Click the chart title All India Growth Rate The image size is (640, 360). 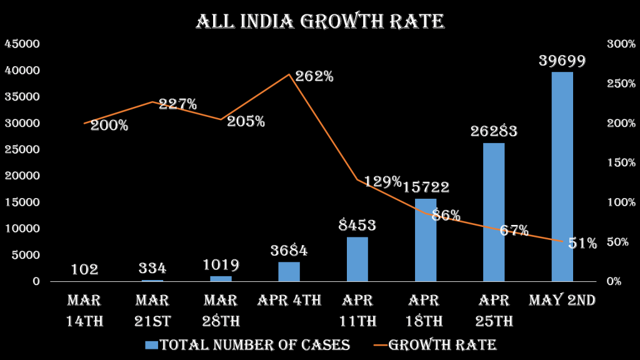[x=320, y=21]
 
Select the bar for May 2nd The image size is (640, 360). [x=562, y=176]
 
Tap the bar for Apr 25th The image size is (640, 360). [x=494, y=212]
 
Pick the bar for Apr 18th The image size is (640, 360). [x=426, y=239]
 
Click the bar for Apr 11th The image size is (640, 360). [x=357, y=259]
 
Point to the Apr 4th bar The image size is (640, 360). [x=289, y=271]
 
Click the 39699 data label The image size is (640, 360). [x=562, y=61]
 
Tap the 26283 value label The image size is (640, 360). [x=494, y=132]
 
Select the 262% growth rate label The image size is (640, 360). [x=314, y=77]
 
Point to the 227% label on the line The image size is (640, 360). [x=177, y=104]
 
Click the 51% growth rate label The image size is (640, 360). [x=582, y=244]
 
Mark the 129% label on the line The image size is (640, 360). [x=382, y=182]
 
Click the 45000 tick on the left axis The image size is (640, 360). [x=22, y=44]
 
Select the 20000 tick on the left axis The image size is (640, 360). [x=22, y=176]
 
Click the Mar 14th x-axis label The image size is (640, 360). [x=84, y=311]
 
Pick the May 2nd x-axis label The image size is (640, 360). [x=562, y=301]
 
